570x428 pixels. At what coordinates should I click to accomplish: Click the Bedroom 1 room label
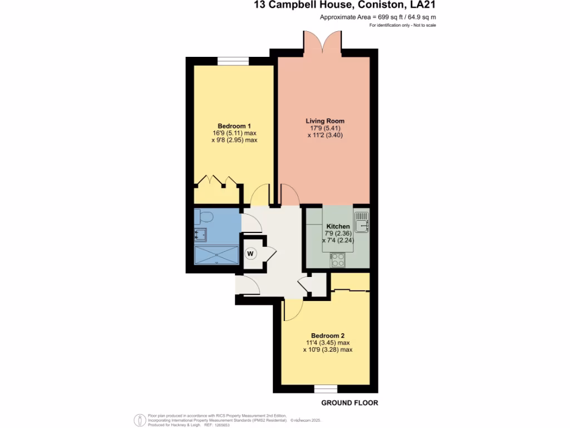[x=233, y=125]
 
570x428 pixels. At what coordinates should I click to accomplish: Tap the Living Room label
[x=325, y=121]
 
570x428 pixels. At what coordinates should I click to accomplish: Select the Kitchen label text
[x=337, y=226]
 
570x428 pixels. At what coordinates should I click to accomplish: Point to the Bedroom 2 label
[x=325, y=335]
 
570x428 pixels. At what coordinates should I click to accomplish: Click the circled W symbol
[x=250, y=254]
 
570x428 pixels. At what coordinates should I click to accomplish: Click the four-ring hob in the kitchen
[x=338, y=259]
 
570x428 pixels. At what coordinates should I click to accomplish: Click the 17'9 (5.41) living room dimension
[x=325, y=128]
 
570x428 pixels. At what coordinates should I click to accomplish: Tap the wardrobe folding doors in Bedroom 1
[x=217, y=181]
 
